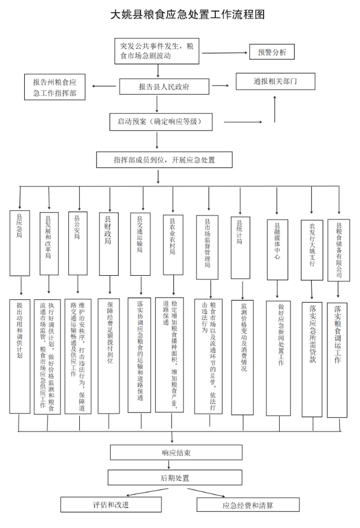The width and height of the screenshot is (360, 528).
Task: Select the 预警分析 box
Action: (272, 52)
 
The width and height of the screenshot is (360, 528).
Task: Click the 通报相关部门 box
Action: (276, 81)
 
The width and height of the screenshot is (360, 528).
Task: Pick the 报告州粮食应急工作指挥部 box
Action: (55, 86)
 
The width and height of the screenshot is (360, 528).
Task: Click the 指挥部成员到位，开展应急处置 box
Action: (164, 160)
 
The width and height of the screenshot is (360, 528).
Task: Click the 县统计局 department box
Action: (240, 247)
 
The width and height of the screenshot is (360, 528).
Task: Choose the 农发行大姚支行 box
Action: (312, 250)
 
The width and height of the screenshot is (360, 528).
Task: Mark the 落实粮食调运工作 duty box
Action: (337, 360)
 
